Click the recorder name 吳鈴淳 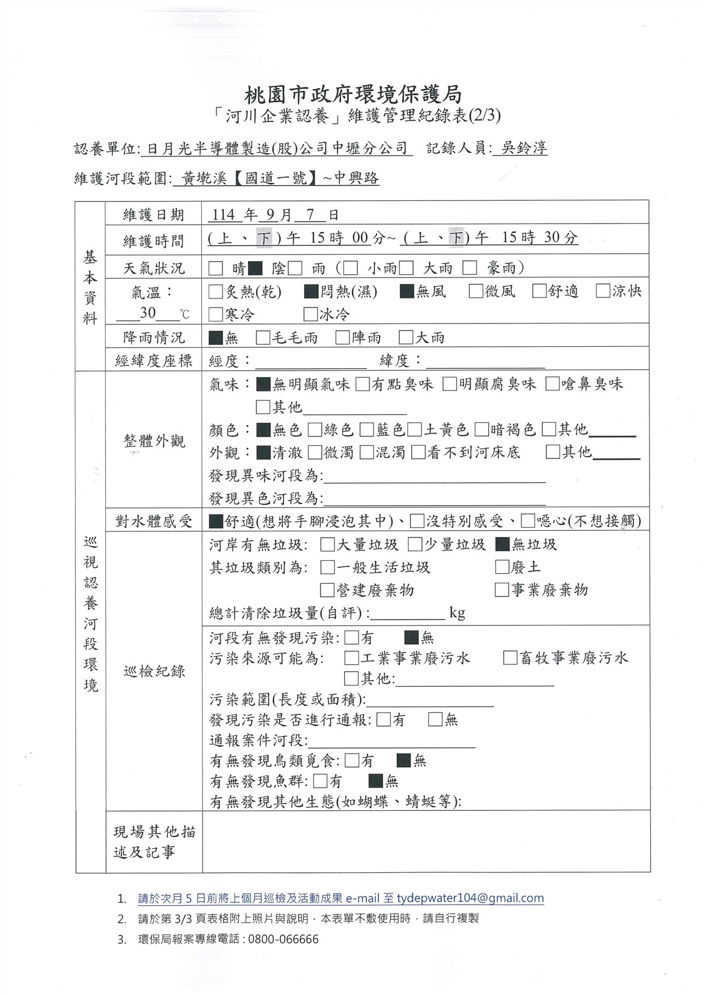(x=520, y=148)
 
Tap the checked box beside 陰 (x=255, y=268)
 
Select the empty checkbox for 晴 (x=216, y=268)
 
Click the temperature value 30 (x=148, y=313)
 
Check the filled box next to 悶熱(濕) (x=310, y=292)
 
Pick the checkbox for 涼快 (x=603, y=291)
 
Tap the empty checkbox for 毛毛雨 (x=263, y=338)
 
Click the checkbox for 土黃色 (x=415, y=430)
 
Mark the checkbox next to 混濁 (x=366, y=452)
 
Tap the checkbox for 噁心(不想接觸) (x=528, y=521)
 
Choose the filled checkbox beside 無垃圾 (x=502, y=545)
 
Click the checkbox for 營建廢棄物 (x=327, y=590)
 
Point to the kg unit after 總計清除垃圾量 (x=457, y=613)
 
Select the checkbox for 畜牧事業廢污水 (x=510, y=658)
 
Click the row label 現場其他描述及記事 (x=154, y=842)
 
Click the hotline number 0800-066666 (x=284, y=939)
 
